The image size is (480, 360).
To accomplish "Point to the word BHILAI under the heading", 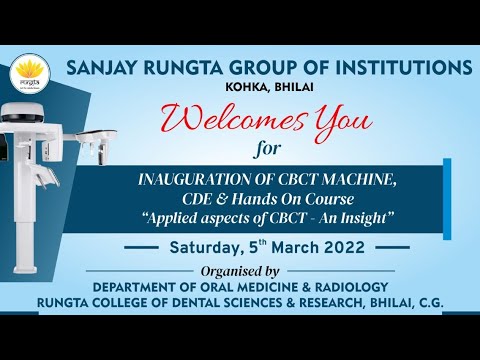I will coord(291,87).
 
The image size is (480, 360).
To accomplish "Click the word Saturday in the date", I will coord(204,246).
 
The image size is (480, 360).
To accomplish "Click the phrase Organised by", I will coord(270,270).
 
